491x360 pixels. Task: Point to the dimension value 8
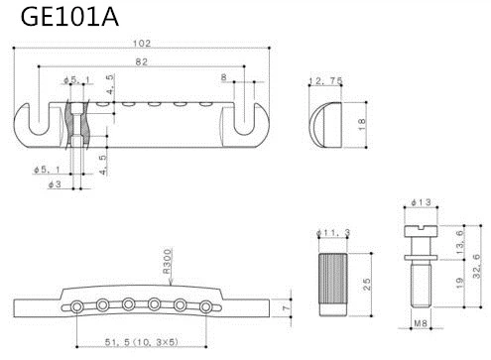point(223,76)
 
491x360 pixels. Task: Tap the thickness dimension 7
point(286,309)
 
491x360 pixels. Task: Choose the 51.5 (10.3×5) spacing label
point(142,342)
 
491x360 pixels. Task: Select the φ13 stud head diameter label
point(423,203)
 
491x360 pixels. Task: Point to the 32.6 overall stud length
point(479,263)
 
